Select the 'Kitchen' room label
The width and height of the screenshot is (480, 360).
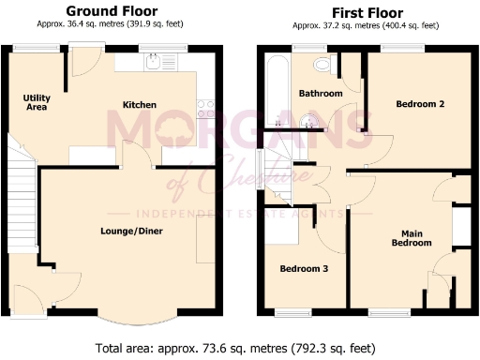[x=139, y=104]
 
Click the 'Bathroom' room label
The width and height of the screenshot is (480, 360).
[x=321, y=94]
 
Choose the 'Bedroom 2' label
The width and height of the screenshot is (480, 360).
[x=420, y=104]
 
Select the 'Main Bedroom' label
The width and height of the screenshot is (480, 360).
[x=412, y=238]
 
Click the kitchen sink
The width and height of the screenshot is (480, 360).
[x=152, y=61]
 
